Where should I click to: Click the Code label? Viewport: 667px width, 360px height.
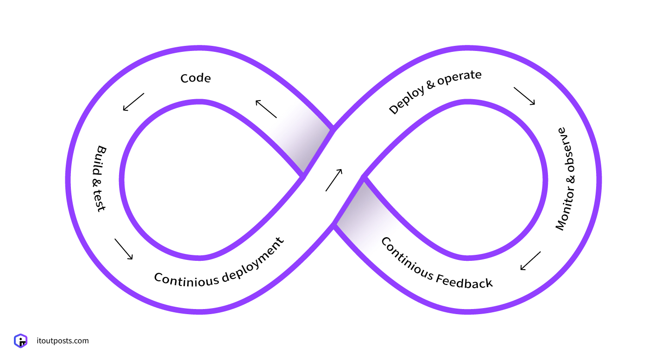click(195, 78)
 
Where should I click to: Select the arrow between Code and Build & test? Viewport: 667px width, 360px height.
click(133, 102)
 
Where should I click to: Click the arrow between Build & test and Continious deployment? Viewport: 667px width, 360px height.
click(124, 249)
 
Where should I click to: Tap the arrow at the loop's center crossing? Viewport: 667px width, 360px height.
click(334, 180)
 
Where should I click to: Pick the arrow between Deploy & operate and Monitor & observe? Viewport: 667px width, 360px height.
click(524, 95)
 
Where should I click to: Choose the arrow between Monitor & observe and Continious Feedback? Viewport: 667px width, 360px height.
click(530, 260)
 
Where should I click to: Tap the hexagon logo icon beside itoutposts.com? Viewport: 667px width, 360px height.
click(21, 341)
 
